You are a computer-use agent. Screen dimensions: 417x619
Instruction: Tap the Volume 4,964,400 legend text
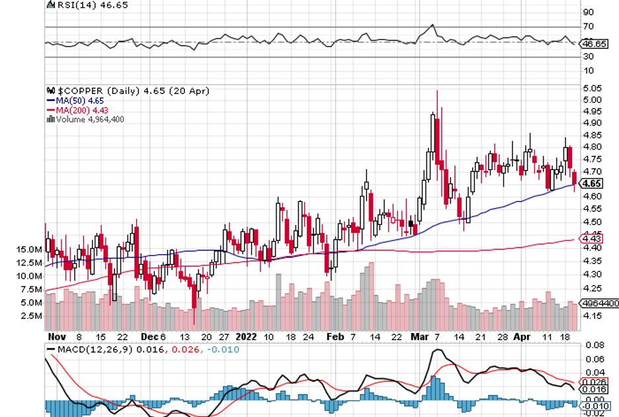tap(90, 120)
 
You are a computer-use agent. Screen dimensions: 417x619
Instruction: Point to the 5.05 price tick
tap(592, 88)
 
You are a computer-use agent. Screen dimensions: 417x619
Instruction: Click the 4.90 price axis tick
tap(592, 123)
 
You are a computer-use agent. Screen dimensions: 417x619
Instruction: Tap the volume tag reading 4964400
tap(599, 302)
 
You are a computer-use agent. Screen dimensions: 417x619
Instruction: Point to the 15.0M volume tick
tap(30, 250)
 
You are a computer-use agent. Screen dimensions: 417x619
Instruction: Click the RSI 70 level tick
tap(587, 26)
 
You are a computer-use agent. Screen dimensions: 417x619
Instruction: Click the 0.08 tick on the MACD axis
tap(593, 346)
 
